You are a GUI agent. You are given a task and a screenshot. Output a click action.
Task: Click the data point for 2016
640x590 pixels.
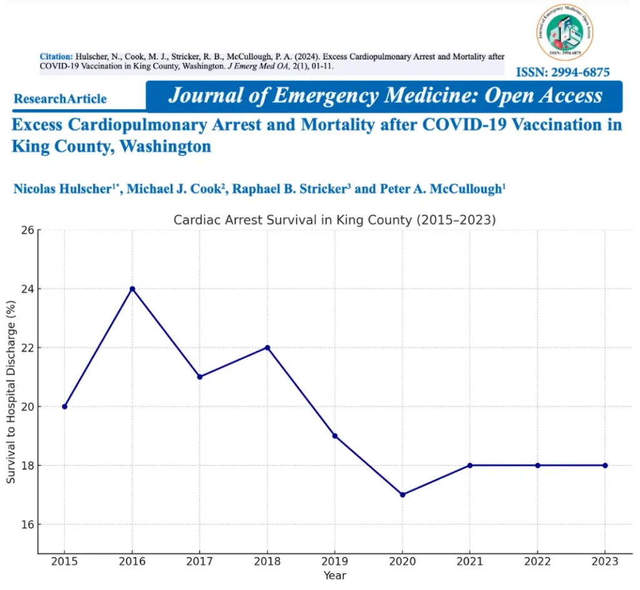click(x=132, y=289)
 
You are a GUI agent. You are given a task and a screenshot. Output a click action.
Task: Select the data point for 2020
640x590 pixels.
click(x=402, y=494)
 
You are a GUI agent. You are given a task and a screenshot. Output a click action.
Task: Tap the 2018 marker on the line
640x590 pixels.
click(x=267, y=347)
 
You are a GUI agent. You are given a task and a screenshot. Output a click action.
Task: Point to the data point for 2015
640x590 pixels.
click(x=64, y=406)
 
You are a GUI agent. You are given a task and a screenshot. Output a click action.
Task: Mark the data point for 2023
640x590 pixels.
click(x=605, y=465)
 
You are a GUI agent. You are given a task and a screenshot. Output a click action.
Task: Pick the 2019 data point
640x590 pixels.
click(x=335, y=436)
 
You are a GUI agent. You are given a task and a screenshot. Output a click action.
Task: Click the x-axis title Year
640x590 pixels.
click(x=335, y=576)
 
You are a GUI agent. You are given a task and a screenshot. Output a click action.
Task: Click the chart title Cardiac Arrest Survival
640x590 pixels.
click(x=334, y=220)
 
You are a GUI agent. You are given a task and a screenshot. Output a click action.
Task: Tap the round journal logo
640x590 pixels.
click(x=564, y=32)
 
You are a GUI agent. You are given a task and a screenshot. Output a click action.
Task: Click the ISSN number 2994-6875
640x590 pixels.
click(x=562, y=72)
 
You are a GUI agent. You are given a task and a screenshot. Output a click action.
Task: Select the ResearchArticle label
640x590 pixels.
click(x=60, y=99)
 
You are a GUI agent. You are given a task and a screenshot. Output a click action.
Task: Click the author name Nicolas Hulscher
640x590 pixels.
click(x=66, y=189)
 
